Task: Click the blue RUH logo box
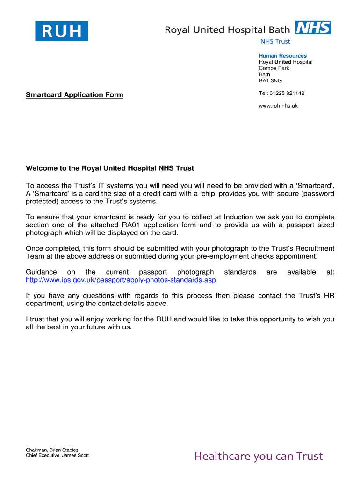coord(61,31)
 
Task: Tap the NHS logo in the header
coord(313,28)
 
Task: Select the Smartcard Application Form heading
coord(74,95)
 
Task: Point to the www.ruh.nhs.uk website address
coord(278,106)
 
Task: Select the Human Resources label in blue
coord(282,56)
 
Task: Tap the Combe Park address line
coord(274,68)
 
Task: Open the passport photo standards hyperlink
coord(121,280)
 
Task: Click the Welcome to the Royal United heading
coord(110,168)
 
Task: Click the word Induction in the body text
coord(240,217)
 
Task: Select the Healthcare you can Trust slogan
coord(259,456)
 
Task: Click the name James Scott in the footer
coord(75,456)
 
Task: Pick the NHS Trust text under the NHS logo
coord(275,41)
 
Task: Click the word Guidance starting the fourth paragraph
coord(41,272)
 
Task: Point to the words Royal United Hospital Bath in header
coord(227,30)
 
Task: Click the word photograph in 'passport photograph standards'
coord(195,272)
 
